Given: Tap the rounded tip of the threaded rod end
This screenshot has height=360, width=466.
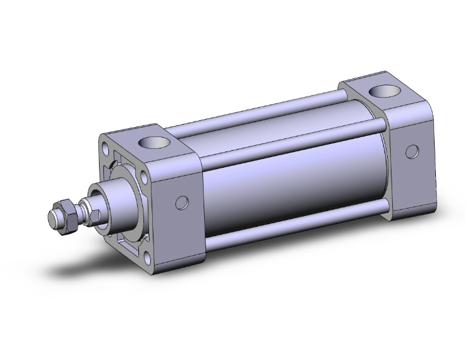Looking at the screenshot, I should tap(53, 220).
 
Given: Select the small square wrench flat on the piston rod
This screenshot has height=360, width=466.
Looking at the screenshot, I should tap(95, 216).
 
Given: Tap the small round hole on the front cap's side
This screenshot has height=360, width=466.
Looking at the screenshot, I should tap(182, 202).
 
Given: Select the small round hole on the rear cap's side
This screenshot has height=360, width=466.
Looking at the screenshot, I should tap(412, 151).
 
